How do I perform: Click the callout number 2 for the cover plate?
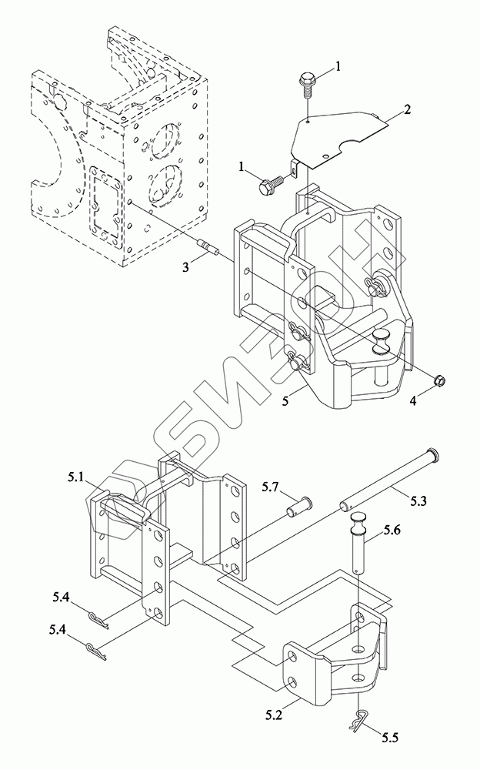pyautogui.click(x=407, y=109)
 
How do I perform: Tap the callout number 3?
pyautogui.click(x=185, y=267)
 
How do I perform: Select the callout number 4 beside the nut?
pyautogui.click(x=413, y=401)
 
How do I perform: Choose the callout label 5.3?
pyautogui.click(x=418, y=501)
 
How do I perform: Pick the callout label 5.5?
pyautogui.click(x=389, y=737)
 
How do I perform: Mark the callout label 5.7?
pyautogui.click(x=271, y=487)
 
